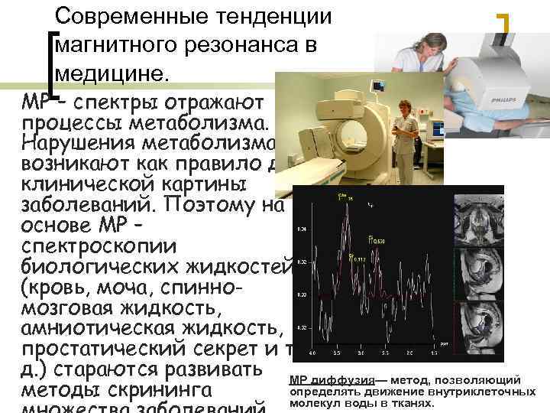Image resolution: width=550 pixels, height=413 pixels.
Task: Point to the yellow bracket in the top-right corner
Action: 504,23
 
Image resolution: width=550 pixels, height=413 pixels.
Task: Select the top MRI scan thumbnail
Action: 479,218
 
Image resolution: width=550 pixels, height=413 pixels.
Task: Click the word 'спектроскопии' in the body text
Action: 100,248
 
